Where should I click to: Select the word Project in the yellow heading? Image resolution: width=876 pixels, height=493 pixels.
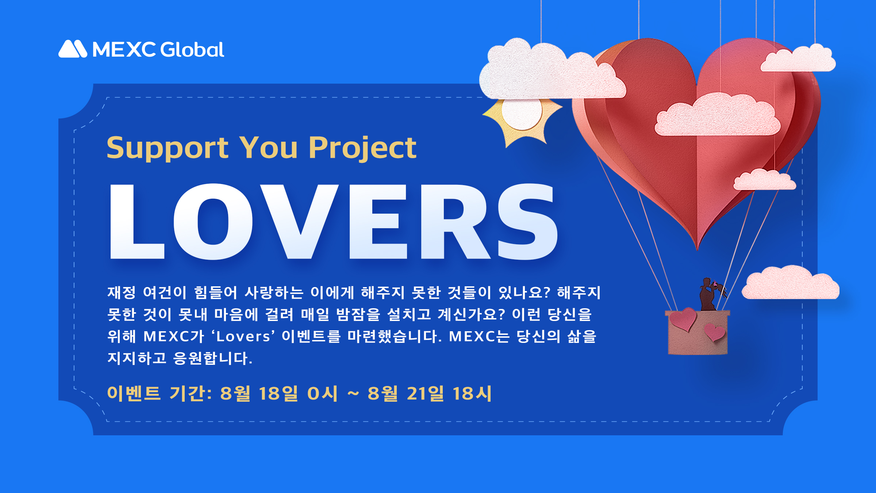coord(362,148)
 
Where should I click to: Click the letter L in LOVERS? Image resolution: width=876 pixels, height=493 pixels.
coord(137,221)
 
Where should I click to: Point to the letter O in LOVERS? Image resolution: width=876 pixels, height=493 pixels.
coord(213,221)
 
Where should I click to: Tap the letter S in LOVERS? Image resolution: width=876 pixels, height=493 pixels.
coord(527,221)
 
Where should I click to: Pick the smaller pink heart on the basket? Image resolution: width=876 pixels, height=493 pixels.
coord(715,332)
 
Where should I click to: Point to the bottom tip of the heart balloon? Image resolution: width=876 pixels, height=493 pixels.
coord(697,251)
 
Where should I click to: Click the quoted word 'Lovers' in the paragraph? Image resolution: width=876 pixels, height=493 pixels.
coord(243,336)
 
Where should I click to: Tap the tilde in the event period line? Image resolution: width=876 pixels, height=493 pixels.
coord(353,393)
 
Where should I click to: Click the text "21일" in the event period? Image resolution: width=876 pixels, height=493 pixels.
coord(426,393)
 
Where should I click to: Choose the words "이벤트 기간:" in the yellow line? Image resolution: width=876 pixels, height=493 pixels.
coord(160,393)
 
